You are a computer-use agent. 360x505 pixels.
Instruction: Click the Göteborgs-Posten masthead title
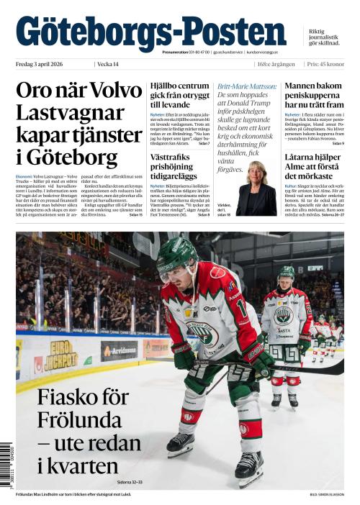[151, 32]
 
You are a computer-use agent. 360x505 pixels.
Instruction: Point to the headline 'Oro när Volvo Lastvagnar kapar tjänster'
[78, 124]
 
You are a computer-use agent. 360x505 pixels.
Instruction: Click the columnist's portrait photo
[256, 188]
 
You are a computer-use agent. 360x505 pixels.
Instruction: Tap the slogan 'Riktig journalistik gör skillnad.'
[323, 37]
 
